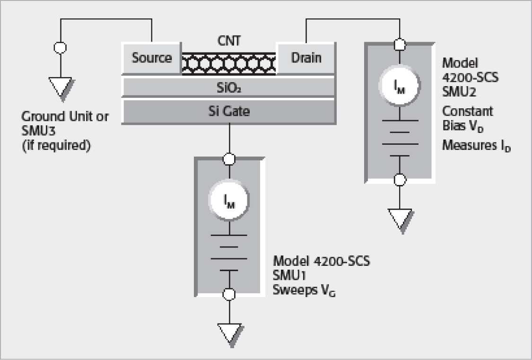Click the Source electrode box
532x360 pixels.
[x=151, y=58]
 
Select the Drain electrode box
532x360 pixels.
[x=306, y=58]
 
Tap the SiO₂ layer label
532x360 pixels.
[x=229, y=87]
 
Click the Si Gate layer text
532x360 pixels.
[x=229, y=111]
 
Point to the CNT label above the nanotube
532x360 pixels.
[x=229, y=41]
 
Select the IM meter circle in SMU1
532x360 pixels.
[x=229, y=201]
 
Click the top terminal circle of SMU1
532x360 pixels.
[x=229, y=158]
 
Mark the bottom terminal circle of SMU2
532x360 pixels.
[x=400, y=179]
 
